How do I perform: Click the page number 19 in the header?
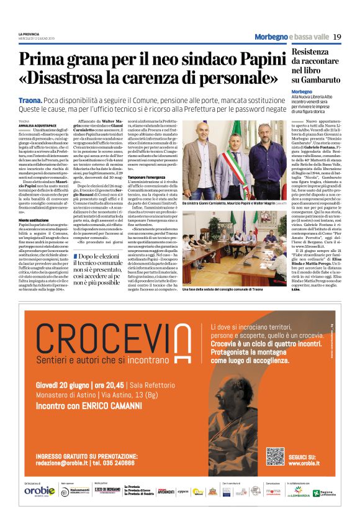point(336,37)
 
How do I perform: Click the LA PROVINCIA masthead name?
point(29,34)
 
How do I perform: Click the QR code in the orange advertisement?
point(275,456)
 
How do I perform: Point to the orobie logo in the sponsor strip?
point(39,491)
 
